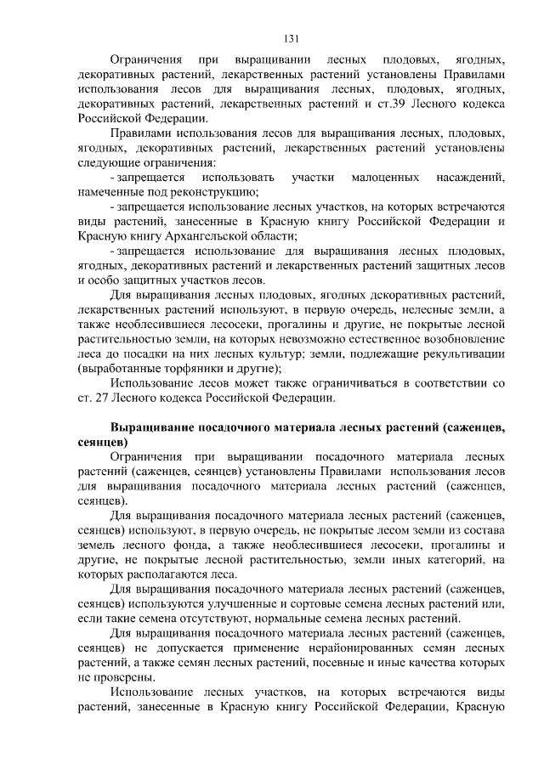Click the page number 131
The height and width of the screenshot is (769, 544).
(x=290, y=38)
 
